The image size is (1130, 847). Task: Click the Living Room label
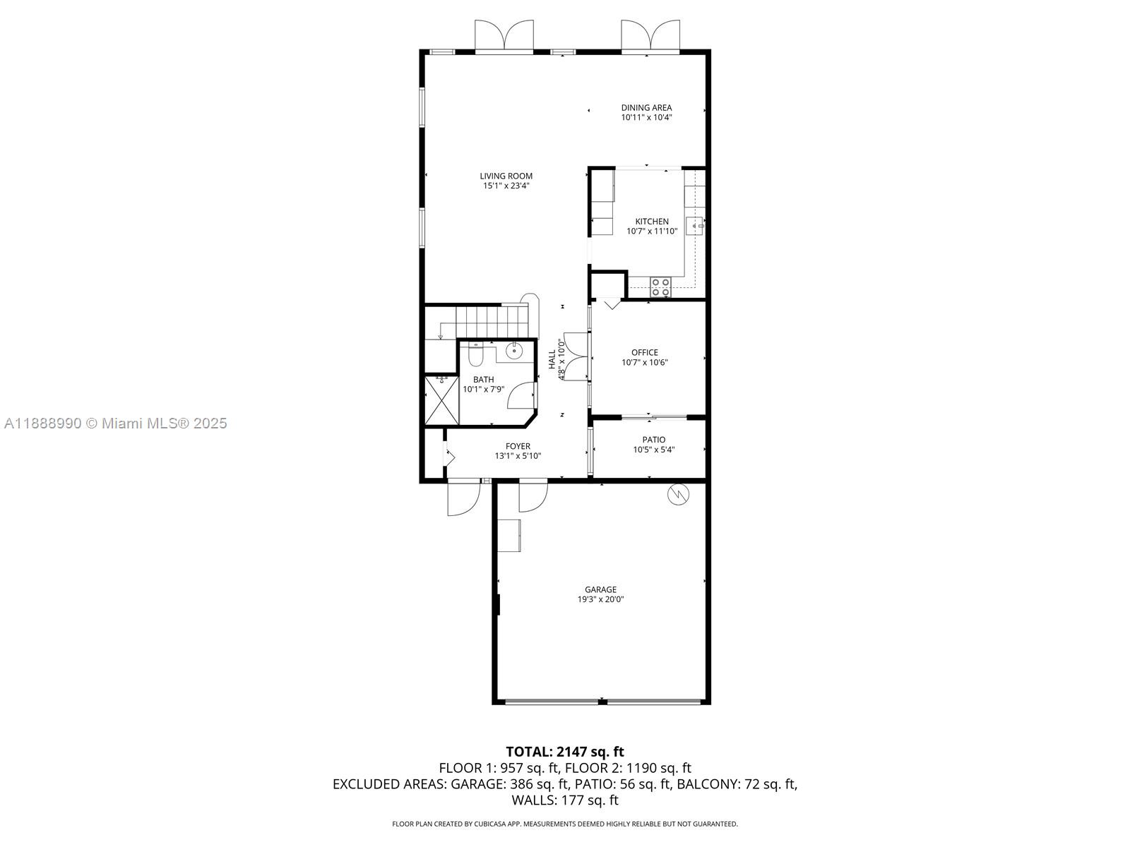tap(506, 176)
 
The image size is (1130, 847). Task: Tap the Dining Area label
tap(646, 107)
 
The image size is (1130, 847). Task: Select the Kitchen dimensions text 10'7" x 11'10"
tap(652, 232)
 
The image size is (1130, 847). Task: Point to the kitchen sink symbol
tap(694, 226)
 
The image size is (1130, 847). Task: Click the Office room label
tap(645, 352)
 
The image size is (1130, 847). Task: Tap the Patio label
tap(654, 440)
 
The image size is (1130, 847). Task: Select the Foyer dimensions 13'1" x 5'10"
tap(518, 456)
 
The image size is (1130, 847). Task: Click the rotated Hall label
tap(552, 359)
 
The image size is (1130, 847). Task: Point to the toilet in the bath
tap(475, 354)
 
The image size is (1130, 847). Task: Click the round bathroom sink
tap(513, 352)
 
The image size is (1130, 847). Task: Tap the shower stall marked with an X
tap(441, 401)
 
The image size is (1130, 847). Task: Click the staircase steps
tap(492, 321)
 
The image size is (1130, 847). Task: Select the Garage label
tap(600, 589)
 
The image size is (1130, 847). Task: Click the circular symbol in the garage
tap(678, 494)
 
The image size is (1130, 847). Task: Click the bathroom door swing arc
tap(521, 395)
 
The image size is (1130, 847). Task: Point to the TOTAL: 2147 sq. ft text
tap(565, 751)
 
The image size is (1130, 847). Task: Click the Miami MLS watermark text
tap(115, 423)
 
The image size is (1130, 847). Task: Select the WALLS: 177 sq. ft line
tap(565, 800)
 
